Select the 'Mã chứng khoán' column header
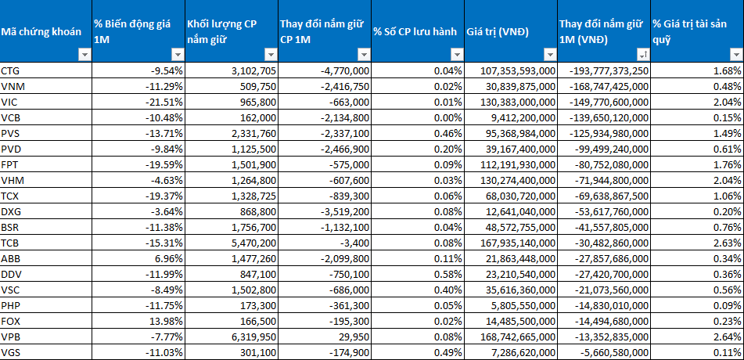point(41,32)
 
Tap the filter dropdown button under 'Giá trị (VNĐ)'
point(549,55)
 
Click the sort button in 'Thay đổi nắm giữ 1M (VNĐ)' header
point(642,55)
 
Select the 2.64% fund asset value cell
point(731,337)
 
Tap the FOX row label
point(10,322)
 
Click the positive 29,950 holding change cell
point(357,337)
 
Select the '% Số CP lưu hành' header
point(415,32)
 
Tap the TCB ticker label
point(10,243)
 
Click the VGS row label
point(10,352)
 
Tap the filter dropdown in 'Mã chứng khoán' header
point(84,55)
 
